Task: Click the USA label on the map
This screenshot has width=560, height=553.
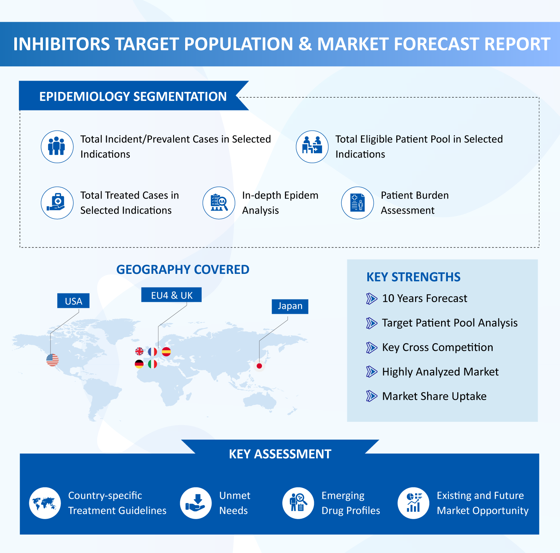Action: [73, 301]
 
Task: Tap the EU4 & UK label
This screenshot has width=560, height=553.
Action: [172, 295]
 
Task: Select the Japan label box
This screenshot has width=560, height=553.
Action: [290, 306]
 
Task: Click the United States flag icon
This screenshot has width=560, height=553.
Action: [53, 360]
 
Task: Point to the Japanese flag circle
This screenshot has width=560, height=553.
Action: [259, 366]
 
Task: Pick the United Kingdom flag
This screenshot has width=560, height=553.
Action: [139, 351]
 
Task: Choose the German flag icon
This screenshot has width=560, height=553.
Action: [139, 364]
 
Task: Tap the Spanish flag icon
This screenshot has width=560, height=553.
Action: [166, 351]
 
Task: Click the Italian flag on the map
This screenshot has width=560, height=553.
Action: [152, 364]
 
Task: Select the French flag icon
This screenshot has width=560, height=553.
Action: [152, 351]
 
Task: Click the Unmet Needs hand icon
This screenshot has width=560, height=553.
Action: [196, 503]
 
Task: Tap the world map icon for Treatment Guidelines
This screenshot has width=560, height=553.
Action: [45, 503]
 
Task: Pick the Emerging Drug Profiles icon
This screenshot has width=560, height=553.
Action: [298, 503]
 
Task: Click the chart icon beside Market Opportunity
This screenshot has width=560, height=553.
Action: [413, 503]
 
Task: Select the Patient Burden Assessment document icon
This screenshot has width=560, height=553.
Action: [358, 203]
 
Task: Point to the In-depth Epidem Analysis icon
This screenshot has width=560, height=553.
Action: [219, 203]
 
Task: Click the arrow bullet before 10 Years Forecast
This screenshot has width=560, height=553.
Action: [372, 299]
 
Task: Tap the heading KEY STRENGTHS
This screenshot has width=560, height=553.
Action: [413, 277]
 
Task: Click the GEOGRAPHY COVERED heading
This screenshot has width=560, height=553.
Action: [183, 270]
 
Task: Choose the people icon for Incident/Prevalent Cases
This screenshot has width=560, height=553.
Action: [57, 147]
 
